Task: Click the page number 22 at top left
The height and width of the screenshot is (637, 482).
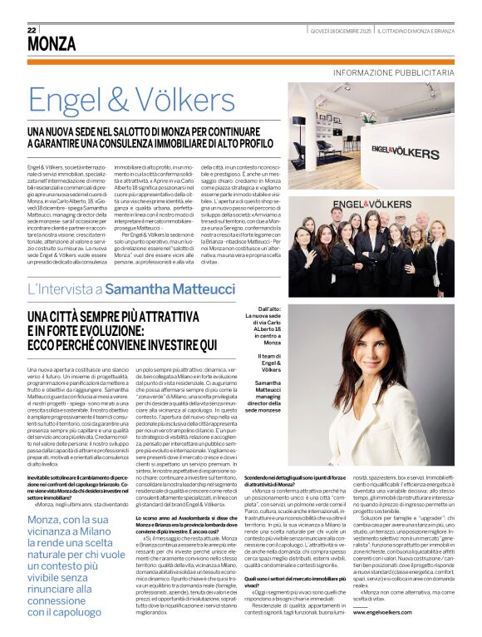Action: (x=32, y=29)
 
